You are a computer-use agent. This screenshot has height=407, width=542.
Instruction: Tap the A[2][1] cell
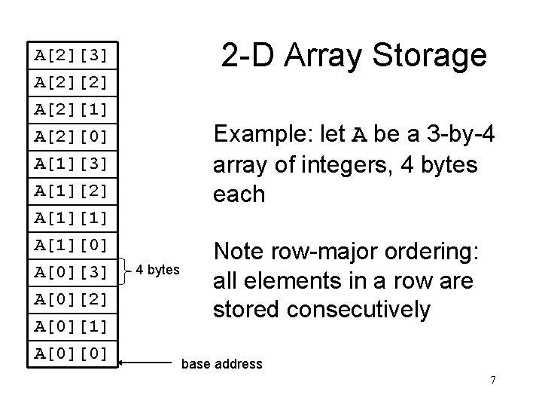72,109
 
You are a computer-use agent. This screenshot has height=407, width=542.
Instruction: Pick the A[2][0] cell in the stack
72,136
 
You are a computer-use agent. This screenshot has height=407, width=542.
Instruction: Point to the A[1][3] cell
72,164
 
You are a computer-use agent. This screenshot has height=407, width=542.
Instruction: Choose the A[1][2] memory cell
72,191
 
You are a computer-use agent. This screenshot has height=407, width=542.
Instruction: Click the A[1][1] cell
72,219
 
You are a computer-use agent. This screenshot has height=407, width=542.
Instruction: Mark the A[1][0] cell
72,246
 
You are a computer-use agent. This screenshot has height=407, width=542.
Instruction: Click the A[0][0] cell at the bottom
72,353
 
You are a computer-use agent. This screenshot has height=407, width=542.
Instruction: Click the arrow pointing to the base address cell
147,363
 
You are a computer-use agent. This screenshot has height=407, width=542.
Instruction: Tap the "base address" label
222,365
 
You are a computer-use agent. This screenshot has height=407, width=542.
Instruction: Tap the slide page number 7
492,380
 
